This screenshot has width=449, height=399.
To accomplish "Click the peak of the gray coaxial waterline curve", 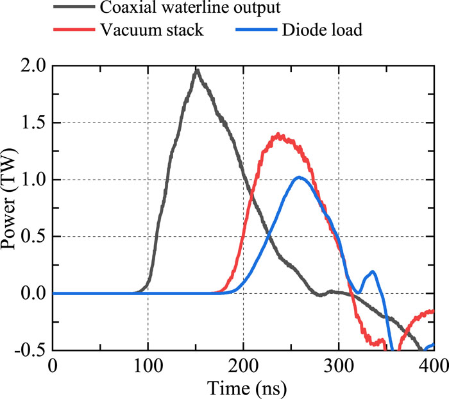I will tap(198, 70).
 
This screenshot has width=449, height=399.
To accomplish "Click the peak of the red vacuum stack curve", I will tap(278, 135).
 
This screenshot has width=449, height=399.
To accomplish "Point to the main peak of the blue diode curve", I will tap(299, 177).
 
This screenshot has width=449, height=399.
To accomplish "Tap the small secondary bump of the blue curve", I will tap(373, 272).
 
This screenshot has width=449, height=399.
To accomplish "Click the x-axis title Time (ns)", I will tap(243, 387).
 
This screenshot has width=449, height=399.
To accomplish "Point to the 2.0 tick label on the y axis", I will tap(32, 66).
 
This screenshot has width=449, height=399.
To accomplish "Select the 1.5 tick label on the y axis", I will tap(32, 123).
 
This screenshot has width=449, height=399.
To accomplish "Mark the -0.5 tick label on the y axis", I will tap(30, 350).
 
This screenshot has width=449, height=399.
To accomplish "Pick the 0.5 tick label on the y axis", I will tap(32, 237).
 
